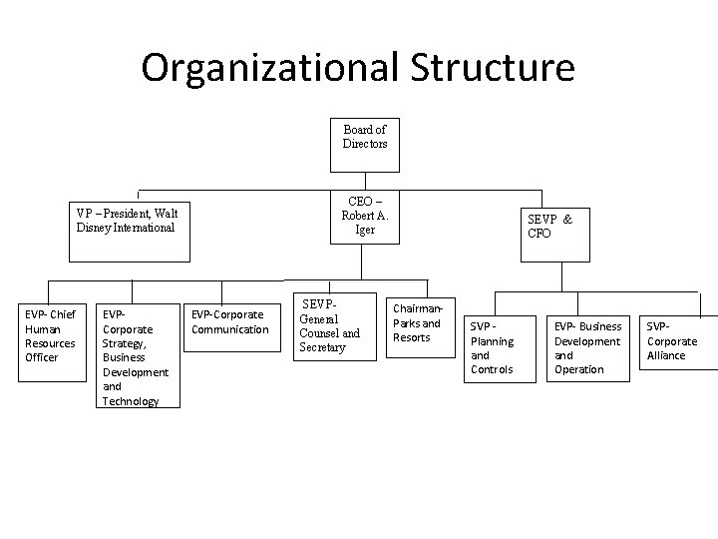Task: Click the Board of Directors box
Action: pyautogui.click(x=364, y=137)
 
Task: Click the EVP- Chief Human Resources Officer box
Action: pyautogui.click(x=50, y=336)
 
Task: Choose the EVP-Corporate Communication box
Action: pyautogui.click(x=229, y=322)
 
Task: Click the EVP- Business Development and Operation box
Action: pyautogui.click(x=587, y=348)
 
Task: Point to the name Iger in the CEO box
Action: pyautogui.click(x=365, y=230)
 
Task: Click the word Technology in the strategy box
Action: pyautogui.click(x=131, y=401)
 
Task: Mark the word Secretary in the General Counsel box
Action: pyautogui.click(x=323, y=347)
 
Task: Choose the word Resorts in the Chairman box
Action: pyautogui.click(x=412, y=337)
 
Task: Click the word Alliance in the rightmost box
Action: pyautogui.click(x=667, y=355)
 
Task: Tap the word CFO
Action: pyautogui.click(x=539, y=234)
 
